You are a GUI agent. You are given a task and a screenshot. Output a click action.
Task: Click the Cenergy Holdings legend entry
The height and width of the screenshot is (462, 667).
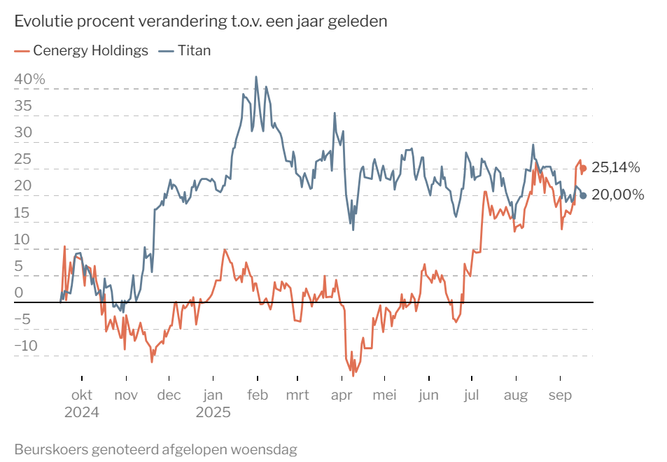click(81, 50)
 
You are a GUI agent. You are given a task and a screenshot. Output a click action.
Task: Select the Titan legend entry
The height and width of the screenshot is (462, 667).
click(185, 50)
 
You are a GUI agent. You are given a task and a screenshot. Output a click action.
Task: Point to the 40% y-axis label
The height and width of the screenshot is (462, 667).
click(30, 79)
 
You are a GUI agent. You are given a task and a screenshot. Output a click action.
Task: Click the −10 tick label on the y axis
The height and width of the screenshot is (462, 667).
click(27, 345)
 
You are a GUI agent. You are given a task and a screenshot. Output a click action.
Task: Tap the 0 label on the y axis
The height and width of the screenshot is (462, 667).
click(19, 293)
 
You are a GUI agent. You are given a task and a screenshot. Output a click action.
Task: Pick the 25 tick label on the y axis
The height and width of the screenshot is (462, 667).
click(23, 159)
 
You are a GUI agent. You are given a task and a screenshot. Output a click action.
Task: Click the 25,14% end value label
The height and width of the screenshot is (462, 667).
click(615, 167)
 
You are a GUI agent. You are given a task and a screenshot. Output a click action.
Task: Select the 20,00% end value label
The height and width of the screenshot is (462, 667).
click(617, 195)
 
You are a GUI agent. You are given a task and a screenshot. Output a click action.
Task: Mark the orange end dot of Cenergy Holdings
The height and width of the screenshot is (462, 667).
click(583, 169)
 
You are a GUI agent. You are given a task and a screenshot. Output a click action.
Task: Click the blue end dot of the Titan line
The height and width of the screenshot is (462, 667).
click(583, 196)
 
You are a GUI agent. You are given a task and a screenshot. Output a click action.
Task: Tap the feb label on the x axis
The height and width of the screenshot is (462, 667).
click(258, 395)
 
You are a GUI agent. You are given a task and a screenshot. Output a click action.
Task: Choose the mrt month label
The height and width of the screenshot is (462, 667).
click(297, 395)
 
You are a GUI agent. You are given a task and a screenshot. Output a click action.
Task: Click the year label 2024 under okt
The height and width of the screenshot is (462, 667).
click(82, 412)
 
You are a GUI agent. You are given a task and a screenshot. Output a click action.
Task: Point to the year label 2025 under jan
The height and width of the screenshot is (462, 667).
click(213, 412)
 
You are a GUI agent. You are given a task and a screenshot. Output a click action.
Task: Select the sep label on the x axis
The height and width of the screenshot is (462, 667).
click(560, 395)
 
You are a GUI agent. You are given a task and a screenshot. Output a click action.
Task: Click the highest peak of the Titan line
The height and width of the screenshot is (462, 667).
click(256, 77)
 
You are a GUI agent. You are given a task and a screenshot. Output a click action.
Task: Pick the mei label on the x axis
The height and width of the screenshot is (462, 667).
click(384, 395)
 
